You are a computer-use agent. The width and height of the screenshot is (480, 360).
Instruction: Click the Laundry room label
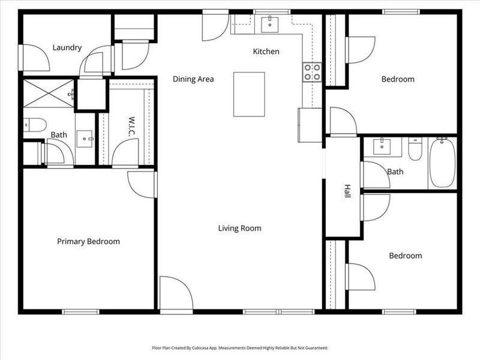(x=67, y=47)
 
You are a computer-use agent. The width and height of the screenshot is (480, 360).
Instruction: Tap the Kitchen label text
(x=266, y=52)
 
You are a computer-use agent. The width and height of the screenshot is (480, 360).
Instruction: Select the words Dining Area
(x=193, y=79)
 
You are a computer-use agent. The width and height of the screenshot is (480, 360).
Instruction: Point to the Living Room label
(x=239, y=228)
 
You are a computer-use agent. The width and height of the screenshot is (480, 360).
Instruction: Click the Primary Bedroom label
(x=88, y=241)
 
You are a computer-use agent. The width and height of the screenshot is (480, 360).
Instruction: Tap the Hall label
(x=347, y=191)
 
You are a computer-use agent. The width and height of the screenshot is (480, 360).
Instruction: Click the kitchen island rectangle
(x=250, y=94)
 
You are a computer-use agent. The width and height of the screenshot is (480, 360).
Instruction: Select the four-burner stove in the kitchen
(x=312, y=72)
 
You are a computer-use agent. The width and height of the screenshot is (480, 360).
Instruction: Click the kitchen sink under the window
(x=270, y=23)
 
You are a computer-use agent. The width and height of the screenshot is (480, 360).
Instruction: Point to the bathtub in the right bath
(x=442, y=163)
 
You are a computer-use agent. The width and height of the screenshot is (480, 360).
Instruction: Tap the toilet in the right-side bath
(x=415, y=149)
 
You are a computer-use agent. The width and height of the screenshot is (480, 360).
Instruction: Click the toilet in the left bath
(x=35, y=124)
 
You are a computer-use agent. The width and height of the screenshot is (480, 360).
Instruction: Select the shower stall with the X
(x=48, y=93)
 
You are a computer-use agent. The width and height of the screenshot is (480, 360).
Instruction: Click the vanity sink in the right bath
(x=379, y=146)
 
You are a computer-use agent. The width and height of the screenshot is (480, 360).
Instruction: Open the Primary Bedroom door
(x=143, y=184)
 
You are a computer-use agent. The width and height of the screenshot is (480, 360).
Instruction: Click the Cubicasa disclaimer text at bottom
(x=239, y=347)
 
